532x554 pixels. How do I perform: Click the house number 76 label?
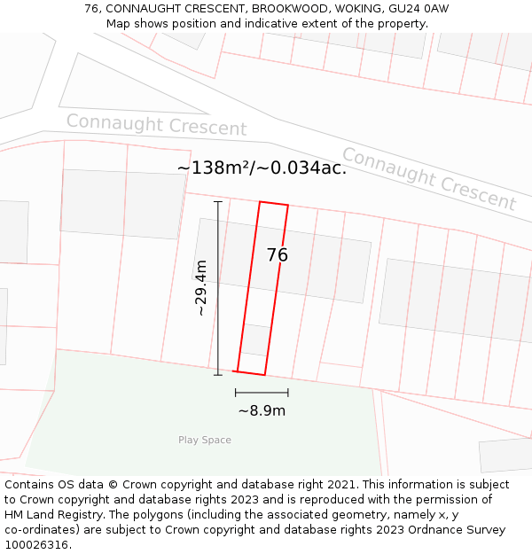(277, 255)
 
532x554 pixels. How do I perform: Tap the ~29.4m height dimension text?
(201, 288)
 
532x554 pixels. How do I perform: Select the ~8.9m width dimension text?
(262, 410)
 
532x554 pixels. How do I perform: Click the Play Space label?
(205, 441)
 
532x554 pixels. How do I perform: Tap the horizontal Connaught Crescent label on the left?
(156, 125)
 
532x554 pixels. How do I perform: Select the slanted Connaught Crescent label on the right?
(429, 179)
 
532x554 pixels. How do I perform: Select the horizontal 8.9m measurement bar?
(262, 392)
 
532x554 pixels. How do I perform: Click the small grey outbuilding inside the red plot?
(255, 339)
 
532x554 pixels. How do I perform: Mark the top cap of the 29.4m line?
(218, 202)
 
